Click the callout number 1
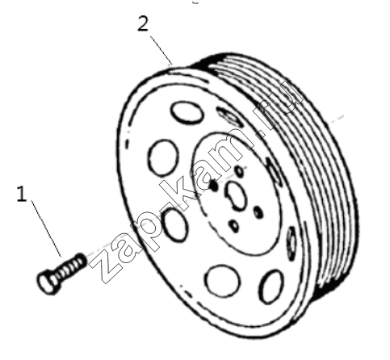click(x=22, y=194)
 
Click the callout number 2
click(x=143, y=23)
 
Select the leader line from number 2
click(x=161, y=50)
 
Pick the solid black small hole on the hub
click(x=214, y=185)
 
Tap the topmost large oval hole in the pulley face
click(x=187, y=112)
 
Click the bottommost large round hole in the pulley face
click(x=222, y=281)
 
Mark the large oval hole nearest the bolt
click(x=175, y=225)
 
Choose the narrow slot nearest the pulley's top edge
click(x=229, y=116)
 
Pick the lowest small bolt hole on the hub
click(x=234, y=226)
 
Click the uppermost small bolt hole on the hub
click(x=240, y=171)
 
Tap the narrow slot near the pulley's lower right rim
click(x=291, y=243)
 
